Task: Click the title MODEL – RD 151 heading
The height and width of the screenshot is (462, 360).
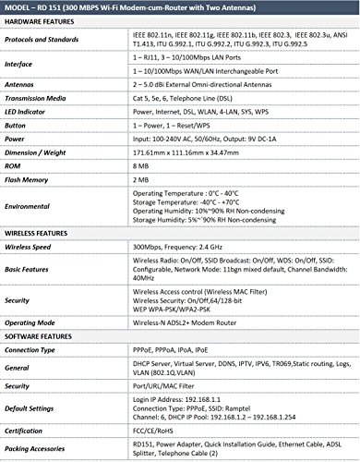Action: coord(180,9)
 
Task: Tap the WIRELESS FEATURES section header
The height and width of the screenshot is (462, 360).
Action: coord(44,232)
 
